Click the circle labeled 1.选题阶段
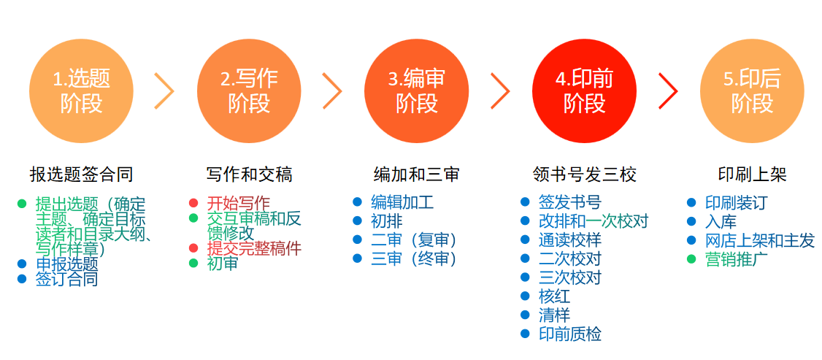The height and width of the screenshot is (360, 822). tap(81, 91)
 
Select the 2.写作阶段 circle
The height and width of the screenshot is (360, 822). tap(249, 91)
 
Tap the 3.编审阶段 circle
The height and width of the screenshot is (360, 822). tap(416, 91)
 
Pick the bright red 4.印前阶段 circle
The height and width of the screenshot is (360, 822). tap(584, 91)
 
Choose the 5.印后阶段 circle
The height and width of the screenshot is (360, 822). tap(752, 91)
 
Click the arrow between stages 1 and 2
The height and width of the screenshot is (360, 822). tap(166, 91)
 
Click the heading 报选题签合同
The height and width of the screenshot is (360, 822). tap(81, 175)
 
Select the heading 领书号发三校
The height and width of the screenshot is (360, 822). tap(584, 175)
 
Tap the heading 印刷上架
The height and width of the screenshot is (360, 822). tap(752, 175)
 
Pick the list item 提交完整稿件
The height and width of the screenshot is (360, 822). tap(254, 248)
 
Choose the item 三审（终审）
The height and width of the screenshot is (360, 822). tap(414, 258)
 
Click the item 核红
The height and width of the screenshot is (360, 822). tap(554, 296)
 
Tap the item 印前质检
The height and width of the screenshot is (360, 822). tap(570, 334)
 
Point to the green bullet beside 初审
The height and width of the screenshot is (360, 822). tap(193, 263)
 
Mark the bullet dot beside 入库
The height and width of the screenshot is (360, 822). tap(692, 221)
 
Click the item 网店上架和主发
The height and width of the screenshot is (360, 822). tap(760, 240)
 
